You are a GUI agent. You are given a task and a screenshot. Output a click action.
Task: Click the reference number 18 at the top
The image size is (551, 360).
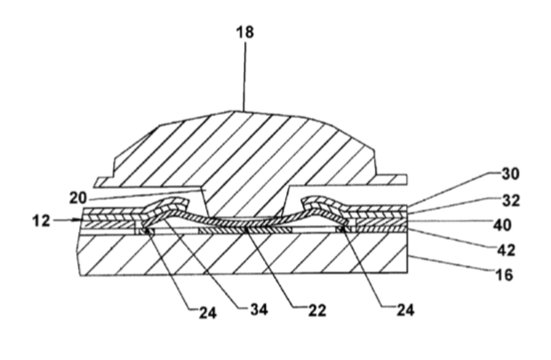(245, 32)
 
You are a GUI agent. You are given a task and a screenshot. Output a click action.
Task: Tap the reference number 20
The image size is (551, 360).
(77, 198)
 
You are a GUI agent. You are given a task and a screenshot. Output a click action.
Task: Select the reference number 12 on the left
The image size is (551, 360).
(41, 221)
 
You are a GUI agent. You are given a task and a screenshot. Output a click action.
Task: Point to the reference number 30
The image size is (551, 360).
(510, 173)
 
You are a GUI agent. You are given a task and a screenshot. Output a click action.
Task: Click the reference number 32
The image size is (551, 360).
(511, 200)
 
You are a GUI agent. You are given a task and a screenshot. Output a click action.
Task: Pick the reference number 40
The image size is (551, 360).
(502, 225)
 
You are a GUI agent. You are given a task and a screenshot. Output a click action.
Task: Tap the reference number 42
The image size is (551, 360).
(507, 250)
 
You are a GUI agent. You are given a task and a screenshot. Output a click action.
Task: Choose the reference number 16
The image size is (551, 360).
(505, 274)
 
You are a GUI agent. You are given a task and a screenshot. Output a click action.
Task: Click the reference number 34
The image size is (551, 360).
(259, 309)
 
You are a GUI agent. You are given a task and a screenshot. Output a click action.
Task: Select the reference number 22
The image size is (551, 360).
(317, 310)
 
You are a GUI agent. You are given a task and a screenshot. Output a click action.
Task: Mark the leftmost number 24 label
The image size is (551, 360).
(208, 312)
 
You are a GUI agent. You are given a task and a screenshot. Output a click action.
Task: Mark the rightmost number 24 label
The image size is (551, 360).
(405, 310)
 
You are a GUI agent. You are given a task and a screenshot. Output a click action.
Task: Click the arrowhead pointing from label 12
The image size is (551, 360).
(78, 220)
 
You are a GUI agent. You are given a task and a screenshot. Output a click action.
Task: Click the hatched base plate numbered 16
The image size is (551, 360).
(243, 254)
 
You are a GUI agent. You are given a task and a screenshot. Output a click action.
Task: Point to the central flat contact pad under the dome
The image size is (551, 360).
(245, 230)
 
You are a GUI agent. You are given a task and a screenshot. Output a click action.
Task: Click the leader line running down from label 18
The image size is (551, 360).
(245, 76)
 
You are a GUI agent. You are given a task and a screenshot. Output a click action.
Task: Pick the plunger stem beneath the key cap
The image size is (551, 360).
(246, 201)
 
